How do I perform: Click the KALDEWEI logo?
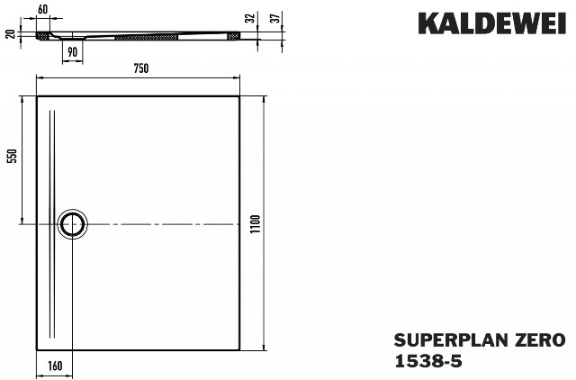click(x=492, y=23)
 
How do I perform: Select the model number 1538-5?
click(x=428, y=362)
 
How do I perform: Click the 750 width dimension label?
click(x=140, y=68)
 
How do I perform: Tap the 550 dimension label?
click(x=13, y=156)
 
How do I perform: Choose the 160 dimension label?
click(x=55, y=366)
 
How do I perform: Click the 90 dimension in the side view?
click(x=73, y=52)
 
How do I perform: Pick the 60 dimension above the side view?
click(x=42, y=10)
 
